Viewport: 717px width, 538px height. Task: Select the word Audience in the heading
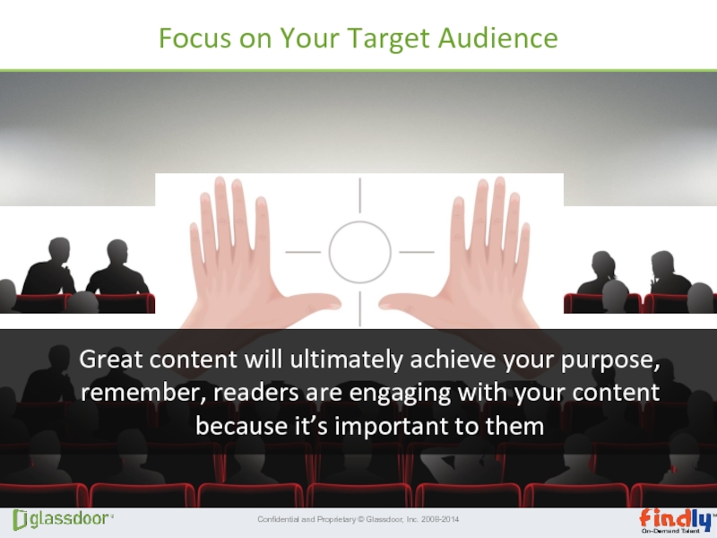[x=498, y=37]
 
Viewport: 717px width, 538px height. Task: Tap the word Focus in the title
[x=194, y=38]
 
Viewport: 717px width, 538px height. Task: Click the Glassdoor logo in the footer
[x=63, y=520]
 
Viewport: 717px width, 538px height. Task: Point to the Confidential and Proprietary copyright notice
[x=358, y=519]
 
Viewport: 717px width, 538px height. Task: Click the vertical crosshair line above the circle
[x=360, y=195]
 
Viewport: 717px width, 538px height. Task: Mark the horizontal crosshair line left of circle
[x=303, y=252]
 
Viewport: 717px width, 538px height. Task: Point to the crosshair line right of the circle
[x=417, y=252]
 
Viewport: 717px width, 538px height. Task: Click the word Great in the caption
[x=111, y=359]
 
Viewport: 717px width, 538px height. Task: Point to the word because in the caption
[x=241, y=426]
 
